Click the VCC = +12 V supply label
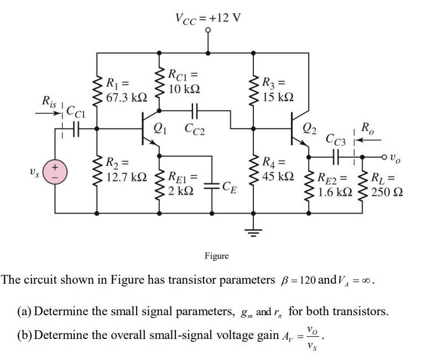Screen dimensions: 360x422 [208, 17]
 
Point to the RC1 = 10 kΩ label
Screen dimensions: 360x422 [184, 81]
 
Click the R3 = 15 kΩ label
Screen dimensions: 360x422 [277, 91]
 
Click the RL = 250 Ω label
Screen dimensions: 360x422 [387, 185]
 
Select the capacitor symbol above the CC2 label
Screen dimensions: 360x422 [195, 111]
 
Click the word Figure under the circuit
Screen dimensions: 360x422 [216, 255]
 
